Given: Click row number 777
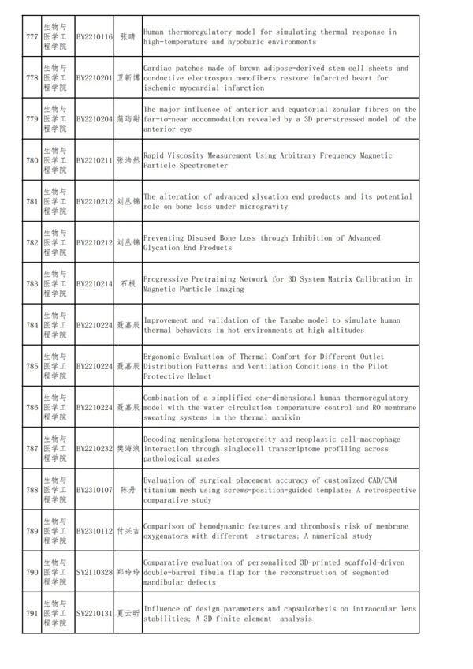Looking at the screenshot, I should click(32, 36).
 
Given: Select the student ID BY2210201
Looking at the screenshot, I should click(95, 78).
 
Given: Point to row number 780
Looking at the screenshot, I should click(32, 161).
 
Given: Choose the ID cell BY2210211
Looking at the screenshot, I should click(95, 161).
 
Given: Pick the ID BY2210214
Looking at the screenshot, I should click(95, 284).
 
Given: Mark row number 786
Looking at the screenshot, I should click(32, 408).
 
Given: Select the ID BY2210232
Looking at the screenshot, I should click(95, 449).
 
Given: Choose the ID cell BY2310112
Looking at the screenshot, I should click(95, 531).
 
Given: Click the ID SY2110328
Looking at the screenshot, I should click(95, 572).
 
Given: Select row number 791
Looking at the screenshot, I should click(32, 613).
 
